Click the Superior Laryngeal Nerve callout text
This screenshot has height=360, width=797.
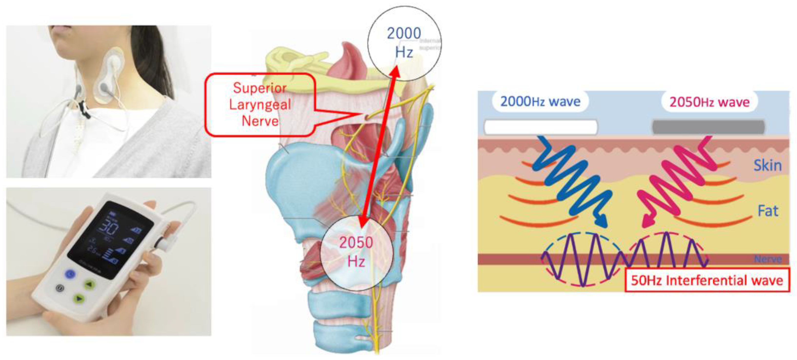pos(260,105)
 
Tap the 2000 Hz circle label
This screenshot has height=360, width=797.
pos(404,42)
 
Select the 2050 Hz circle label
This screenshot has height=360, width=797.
pos(356,252)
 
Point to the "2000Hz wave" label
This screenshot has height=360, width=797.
pos(540,101)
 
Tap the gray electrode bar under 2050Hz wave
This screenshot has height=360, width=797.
pos(708,127)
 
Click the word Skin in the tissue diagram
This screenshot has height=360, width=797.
pos(767,166)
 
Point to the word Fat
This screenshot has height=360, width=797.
pos(768,211)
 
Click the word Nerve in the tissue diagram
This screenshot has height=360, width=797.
pos(768,259)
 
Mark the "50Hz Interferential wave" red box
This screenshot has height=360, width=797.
pos(707,280)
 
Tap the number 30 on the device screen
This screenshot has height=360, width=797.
pos(110,229)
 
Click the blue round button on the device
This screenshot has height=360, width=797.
pos(70,274)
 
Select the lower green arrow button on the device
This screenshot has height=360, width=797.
pos(79,299)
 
